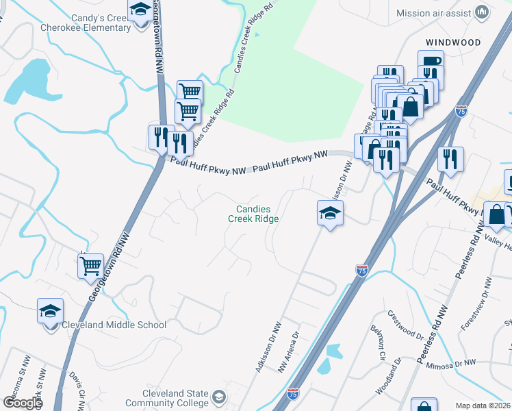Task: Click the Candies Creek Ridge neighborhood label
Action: tap(253, 214)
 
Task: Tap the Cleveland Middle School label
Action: tap(114, 325)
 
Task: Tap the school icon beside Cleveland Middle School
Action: tap(50, 312)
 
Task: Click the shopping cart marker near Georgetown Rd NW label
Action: tap(90, 266)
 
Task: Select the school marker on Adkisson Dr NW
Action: tap(330, 214)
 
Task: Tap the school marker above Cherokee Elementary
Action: tap(140, 10)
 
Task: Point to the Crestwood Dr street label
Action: tap(405, 325)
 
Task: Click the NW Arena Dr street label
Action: tap(290, 352)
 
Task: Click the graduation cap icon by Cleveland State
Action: tap(218, 397)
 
